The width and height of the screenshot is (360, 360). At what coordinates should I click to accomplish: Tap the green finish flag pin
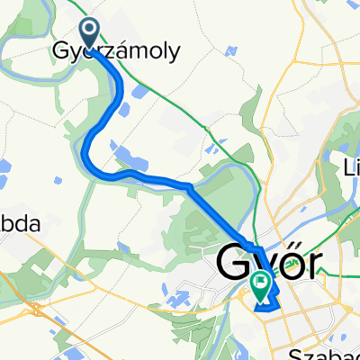261,284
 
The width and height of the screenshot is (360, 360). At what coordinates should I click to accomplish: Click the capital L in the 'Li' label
349,167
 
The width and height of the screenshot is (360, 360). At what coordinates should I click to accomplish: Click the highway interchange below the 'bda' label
34,307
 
